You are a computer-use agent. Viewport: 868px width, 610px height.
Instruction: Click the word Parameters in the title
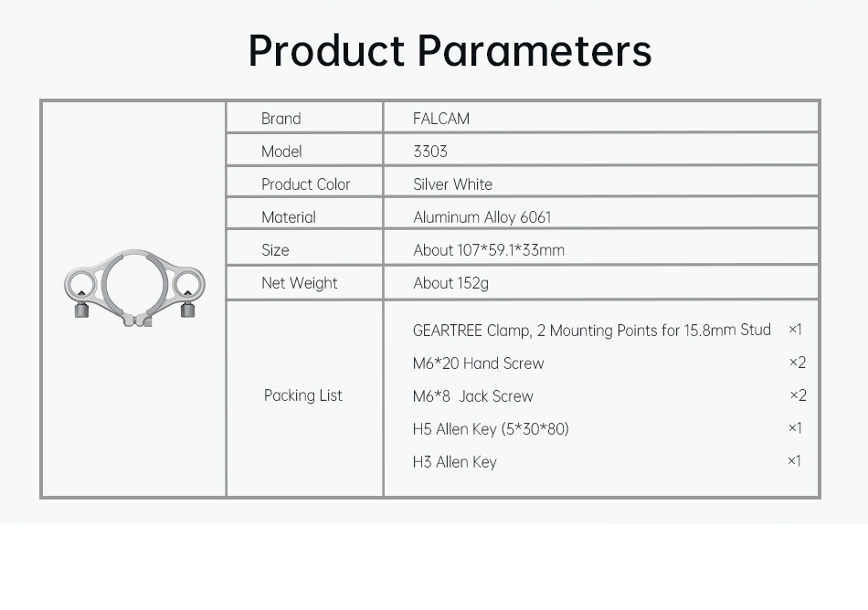[x=535, y=50]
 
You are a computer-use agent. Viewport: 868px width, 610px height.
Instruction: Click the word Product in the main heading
[x=326, y=50]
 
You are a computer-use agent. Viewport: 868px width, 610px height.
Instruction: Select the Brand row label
[x=281, y=119]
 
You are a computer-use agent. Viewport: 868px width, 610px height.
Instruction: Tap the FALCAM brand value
[x=441, y=119]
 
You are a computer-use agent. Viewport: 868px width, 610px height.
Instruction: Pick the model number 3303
[x=430, y=152]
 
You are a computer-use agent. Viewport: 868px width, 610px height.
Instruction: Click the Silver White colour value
[x=453, y=184]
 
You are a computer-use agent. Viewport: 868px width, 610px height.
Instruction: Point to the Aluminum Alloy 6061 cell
[x=482, y=217]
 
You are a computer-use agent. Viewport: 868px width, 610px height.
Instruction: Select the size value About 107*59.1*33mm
[x=489, y=250]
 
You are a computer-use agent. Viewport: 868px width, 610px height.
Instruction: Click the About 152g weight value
[x=450, y=283]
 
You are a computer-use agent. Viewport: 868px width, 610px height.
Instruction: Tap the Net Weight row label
[x=299, y=283]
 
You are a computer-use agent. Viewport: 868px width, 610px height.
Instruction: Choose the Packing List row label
[x=302, y=395]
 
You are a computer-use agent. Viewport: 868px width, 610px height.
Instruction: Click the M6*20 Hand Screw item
[x=478, y=363]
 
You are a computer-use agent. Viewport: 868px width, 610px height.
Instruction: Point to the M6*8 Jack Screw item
[x=472, y=396]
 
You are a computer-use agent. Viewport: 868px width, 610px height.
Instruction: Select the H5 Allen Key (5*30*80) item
[x=491, y=429]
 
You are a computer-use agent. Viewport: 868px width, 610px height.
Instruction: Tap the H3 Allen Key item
[x=454, y=462]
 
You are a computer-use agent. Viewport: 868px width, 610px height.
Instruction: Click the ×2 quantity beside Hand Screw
[x=797, y=363]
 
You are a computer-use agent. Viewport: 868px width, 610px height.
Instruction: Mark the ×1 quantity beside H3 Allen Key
[x=794, y=460]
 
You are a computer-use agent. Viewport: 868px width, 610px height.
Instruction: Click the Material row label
[x=289, y=217]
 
